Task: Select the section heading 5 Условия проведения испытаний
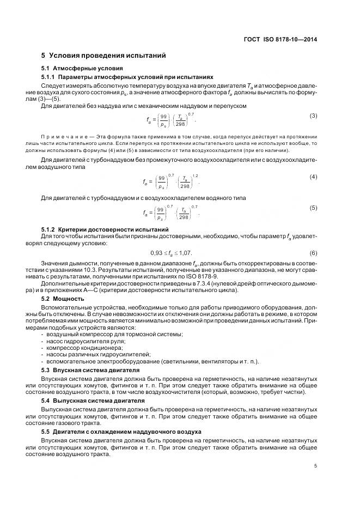100,56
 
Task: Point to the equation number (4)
313,177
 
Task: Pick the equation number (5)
313,208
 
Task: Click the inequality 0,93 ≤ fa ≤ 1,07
171,253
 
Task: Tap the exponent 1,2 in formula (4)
196,175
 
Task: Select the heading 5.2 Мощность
63,299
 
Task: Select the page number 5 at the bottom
316,466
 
